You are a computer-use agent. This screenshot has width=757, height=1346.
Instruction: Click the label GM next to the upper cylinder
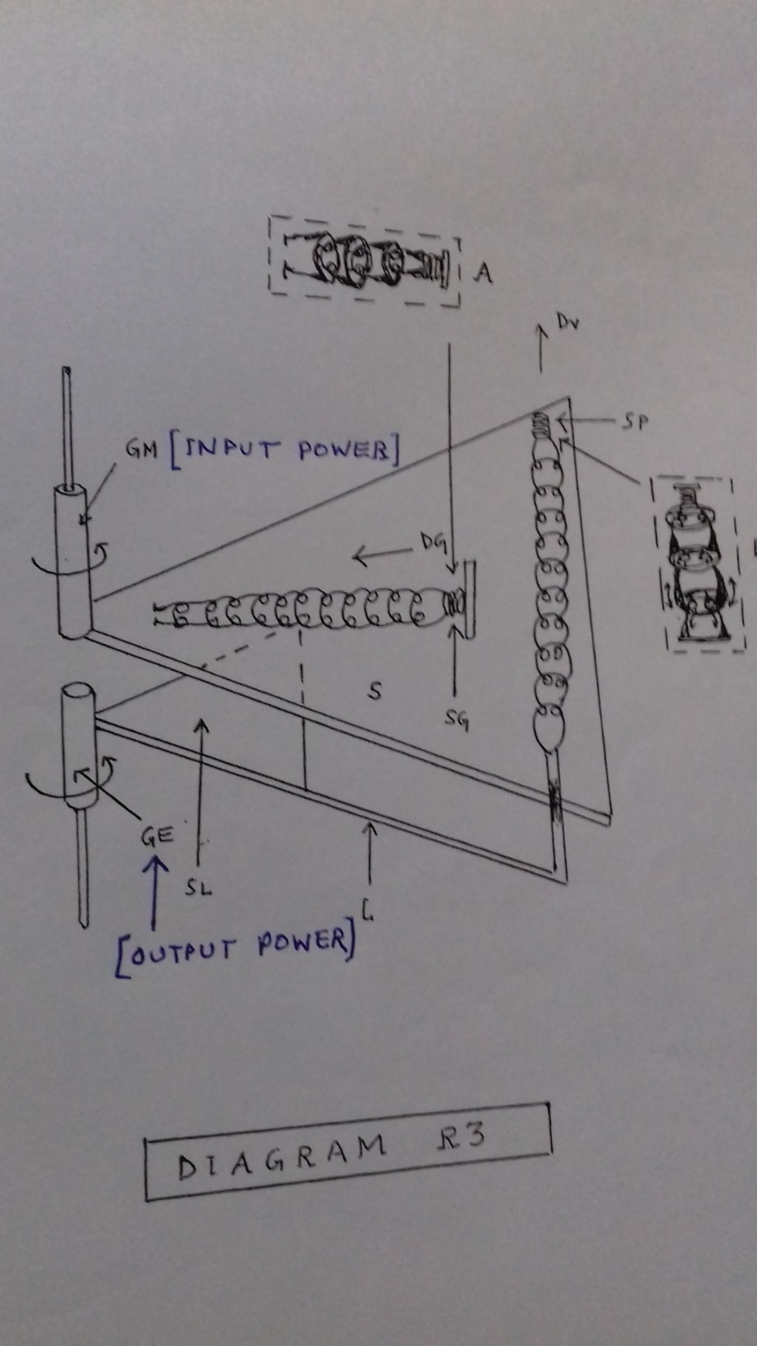tap(141, 449)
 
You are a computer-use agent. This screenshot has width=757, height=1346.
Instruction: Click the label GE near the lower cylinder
tap(157, 836)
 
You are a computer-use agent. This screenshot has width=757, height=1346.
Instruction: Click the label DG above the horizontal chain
tap(433, 542)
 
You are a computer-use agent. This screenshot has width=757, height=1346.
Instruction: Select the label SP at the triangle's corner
tap(635, 422)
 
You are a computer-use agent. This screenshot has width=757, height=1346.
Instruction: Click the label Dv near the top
tap(568, 322)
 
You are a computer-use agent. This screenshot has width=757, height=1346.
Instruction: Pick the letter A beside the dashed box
tap(482, 273)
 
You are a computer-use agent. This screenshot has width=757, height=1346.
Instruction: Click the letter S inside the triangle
tap(374, 690)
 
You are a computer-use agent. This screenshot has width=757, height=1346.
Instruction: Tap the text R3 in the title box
tap(460, 1138)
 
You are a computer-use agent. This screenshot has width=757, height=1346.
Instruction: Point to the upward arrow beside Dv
tap(541, 348)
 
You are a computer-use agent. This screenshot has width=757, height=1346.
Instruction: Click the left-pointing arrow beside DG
tap(382, 556)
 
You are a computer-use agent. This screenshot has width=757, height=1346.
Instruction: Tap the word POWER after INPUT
tap(345, 450)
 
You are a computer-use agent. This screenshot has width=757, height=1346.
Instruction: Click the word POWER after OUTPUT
tap(303, 943)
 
